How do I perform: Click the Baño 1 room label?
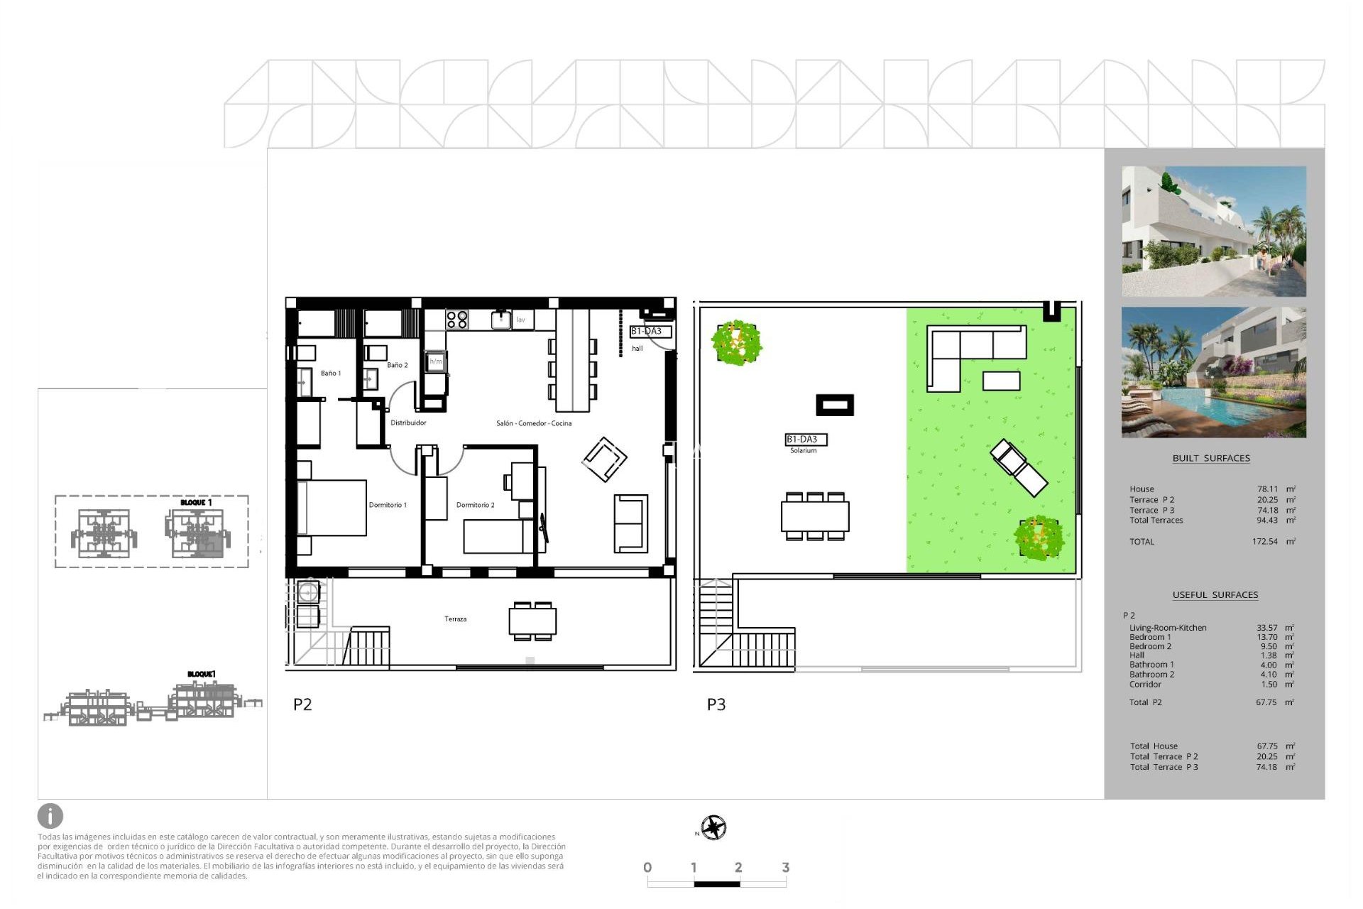(x=330, y=374)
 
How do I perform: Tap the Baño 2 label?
(x=397, y=365)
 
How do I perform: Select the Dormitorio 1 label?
(x=388, y=505)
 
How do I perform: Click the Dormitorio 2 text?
(x=475, y=505)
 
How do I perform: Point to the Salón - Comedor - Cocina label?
(x=533, y=423)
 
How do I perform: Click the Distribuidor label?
(x=408, y=423)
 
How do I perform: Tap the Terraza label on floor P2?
(x=455, y=619)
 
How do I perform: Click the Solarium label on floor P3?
(x=803, y=450)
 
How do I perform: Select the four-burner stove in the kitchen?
(x=457, y=320)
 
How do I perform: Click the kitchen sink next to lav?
(x=500, y=320)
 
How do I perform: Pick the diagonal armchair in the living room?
(x=604, y=459)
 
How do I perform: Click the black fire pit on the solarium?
(x=834, y=405)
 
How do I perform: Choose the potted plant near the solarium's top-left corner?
(x=737, y=342)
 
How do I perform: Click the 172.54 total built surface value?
(x=1264, y=542)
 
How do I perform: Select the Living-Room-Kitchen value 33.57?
(x=1266, y=628)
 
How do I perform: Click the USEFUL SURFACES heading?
(x=1215, y=595)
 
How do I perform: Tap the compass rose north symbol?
(x=713, y=828)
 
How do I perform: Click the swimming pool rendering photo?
(x=1213, y=372)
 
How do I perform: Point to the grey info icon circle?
(x=50, y=816)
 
